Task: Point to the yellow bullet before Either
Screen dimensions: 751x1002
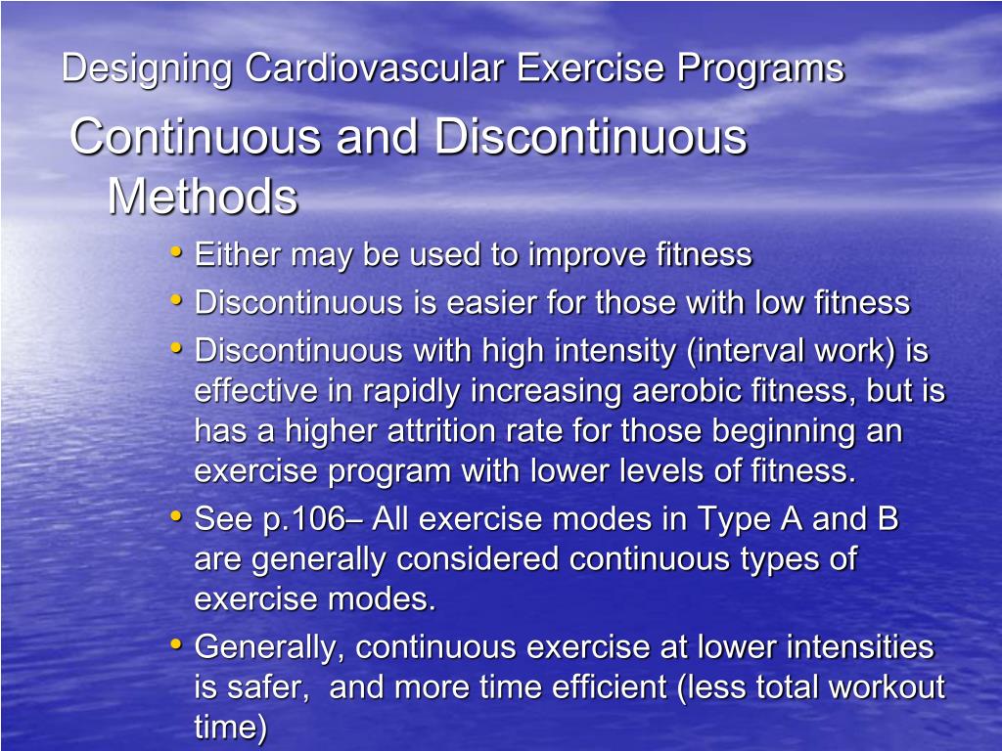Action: [x=176, y=252]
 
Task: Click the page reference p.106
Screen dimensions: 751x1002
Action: [x=302, y=519]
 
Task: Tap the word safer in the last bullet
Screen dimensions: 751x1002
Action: [x=270, y=687]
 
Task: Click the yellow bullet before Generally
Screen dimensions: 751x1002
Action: [x=176, y=644]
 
